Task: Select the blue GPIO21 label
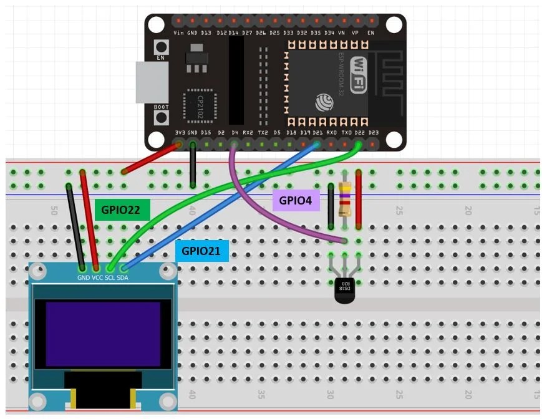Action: coord(202,251)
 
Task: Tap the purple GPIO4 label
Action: coord(296,200)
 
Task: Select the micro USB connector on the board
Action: coord(152,82)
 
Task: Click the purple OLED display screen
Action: coord(103,334)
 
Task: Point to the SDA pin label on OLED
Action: coord(122,277)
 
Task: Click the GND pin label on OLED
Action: coord(83,277)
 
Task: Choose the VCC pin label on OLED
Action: coord(97,277)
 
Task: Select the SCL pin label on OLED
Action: coord(109,277)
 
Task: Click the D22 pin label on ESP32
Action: coord(359,133)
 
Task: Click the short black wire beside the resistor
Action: coord(331,206)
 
